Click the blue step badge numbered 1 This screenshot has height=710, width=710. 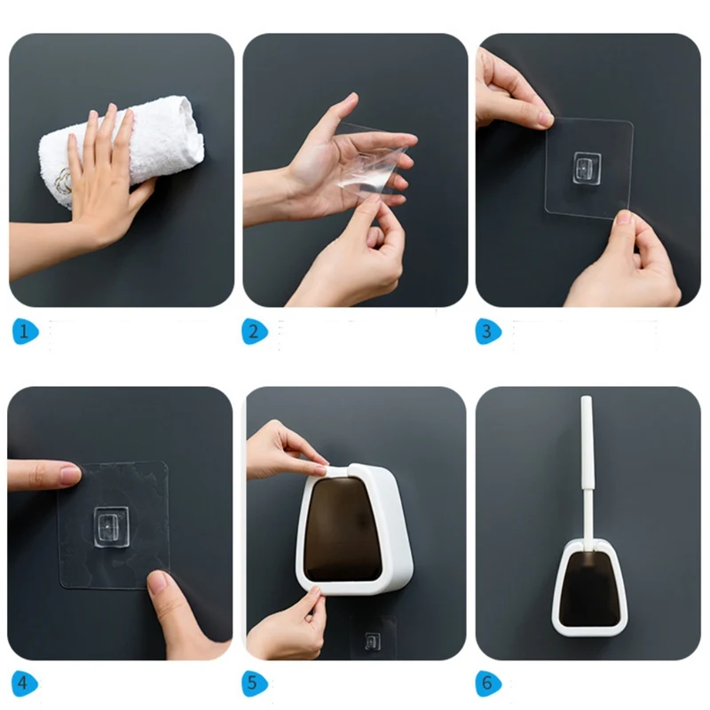click(26, 331)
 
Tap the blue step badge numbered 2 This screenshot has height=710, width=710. click(255, 331)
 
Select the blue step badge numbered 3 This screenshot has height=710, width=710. click(488, 331)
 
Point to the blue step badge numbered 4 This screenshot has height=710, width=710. click(25, 682)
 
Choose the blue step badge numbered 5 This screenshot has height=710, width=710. click(255, 682)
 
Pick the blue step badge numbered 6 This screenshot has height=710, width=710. click(488, 682)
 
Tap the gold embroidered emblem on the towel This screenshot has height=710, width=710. click(63, 182)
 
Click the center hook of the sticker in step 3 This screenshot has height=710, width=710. click(588, 169)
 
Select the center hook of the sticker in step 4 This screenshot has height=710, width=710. click(111, 525)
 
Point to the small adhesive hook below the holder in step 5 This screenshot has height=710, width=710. click(373, 641)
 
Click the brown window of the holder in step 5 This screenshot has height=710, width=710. click(344, 530)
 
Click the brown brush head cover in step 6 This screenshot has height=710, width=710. click(589, 588)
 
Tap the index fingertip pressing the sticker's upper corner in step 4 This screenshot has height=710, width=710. click(70, 474)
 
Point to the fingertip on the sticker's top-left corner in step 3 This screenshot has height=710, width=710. click(545, 120)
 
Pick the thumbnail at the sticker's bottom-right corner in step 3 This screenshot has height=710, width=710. click(624, 217)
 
